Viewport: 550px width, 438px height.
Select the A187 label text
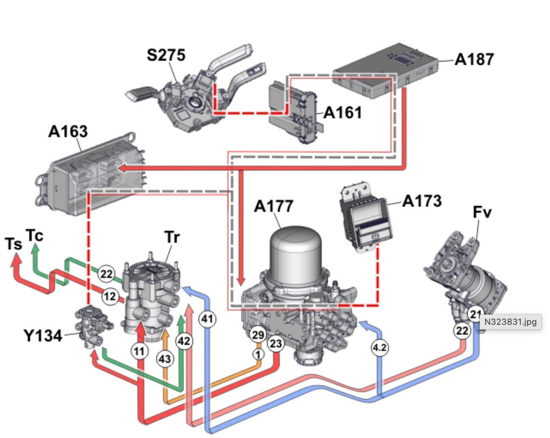coord(474,59)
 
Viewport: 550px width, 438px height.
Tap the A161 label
coord(343,112)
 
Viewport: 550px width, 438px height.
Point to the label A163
coord(68,132)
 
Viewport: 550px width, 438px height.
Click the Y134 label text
coord(43,335)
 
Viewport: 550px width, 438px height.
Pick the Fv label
coord(481,213)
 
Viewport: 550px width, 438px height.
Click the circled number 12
coord(111,297)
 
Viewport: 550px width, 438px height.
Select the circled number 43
coord(165,358)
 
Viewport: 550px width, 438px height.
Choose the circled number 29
coord(258,335)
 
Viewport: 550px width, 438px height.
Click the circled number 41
coord(207,319)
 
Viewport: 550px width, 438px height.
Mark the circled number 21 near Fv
coord(475,314)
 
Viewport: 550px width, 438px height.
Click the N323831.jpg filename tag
coord(512,321)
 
